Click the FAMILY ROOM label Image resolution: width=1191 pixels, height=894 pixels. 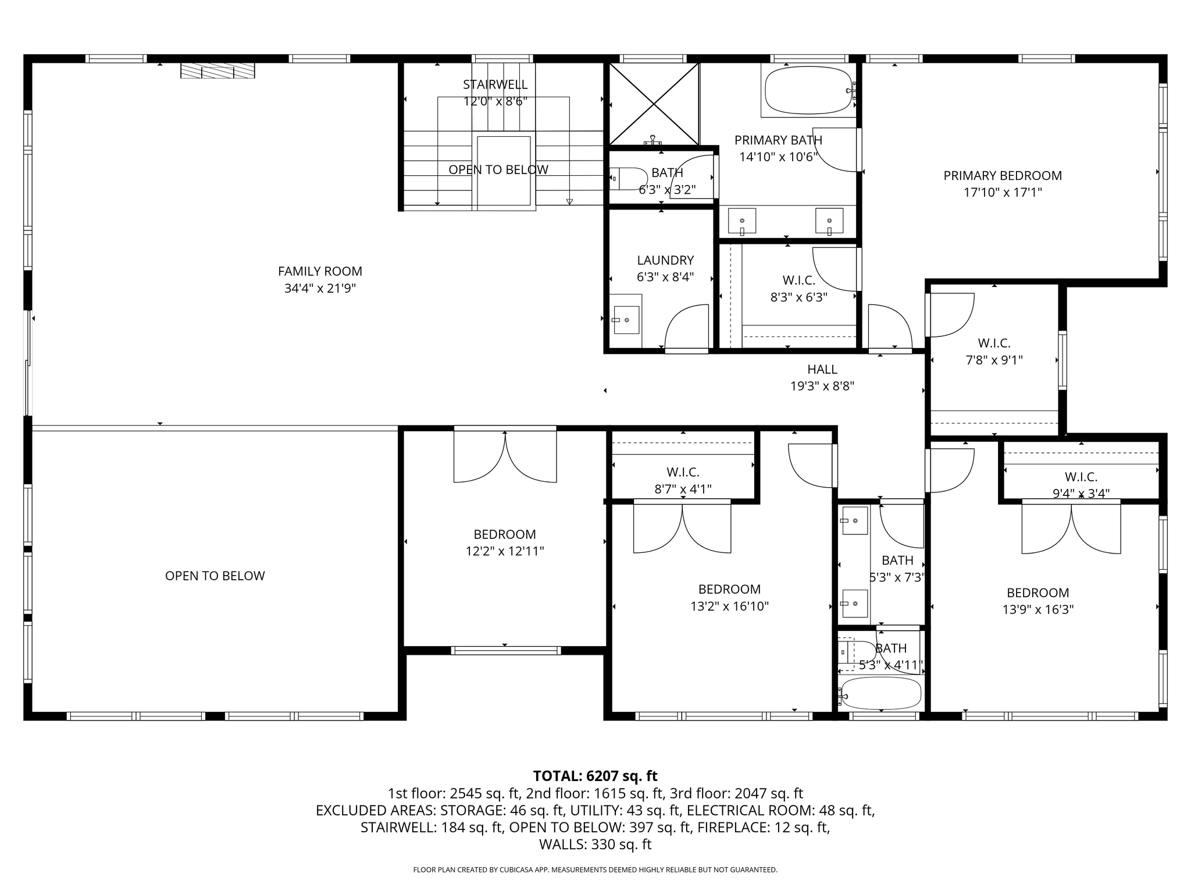pos(320,271)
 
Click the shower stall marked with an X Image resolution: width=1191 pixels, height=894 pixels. pos(654,104)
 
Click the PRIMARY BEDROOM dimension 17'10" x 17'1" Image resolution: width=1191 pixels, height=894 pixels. pos(1003,192)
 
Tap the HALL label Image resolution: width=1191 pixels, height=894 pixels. pos(822,369)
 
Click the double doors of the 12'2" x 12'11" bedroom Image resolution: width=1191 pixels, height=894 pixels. pos(505,456)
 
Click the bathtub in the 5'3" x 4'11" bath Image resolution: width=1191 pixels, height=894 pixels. pos(881,693)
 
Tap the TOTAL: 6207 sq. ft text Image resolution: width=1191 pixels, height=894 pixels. pos(595,776)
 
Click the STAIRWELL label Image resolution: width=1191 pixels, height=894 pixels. pos(495,84)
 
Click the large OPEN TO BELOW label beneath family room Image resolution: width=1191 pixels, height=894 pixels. pos(215,576)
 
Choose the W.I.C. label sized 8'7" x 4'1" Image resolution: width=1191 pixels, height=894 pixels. pos(683,472)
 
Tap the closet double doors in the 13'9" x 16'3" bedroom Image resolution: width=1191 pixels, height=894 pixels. pos(1071,528)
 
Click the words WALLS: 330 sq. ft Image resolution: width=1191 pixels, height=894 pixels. pos(595,845)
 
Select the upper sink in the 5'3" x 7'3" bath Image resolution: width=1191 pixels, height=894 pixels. pos(854,520)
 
